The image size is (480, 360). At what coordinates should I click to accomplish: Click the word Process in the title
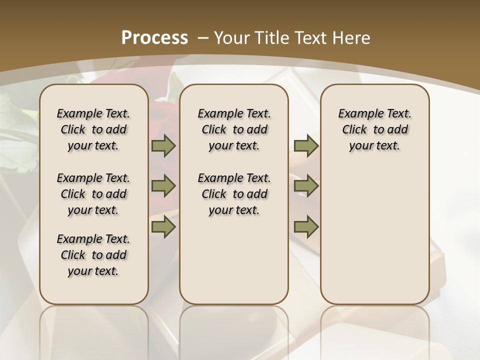click(x=155, y=37)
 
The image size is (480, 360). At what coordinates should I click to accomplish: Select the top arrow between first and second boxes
click(x=163, y=146)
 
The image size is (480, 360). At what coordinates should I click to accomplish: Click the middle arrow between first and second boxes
click(x=163, y=186)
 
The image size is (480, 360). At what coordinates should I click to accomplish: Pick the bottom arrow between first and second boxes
click(x=163, y=226)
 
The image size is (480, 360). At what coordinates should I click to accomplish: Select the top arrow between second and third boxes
click(x=306, y=146)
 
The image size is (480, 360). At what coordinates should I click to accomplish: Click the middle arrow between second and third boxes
click(x=306, y=186)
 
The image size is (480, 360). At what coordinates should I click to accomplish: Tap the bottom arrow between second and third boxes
click(x=306, y=226)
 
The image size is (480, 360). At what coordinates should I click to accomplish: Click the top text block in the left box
click(x=93, y=129)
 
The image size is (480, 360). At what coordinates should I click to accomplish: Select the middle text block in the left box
click(x=93, y=194)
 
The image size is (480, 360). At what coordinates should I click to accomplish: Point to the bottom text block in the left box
click(x=93, y=255)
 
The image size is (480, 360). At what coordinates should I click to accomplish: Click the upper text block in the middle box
click(x=234, y=129)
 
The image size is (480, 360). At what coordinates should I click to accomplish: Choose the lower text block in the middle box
click(x=234, y=194)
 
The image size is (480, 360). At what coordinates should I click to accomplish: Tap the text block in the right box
click(x=374, y=129)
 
